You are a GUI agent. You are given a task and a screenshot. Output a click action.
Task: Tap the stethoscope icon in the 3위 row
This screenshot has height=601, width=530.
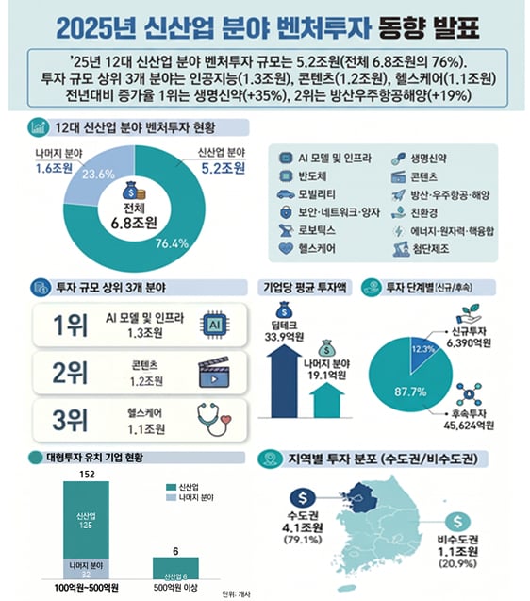pyautogui.click(x=214, y=417)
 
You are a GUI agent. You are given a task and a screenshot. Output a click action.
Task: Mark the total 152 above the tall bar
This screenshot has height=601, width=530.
pyautogui.click(x=88, y=473)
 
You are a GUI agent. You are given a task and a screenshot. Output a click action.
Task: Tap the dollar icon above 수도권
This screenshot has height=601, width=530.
pyautogui.click(x=301, y=495)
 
